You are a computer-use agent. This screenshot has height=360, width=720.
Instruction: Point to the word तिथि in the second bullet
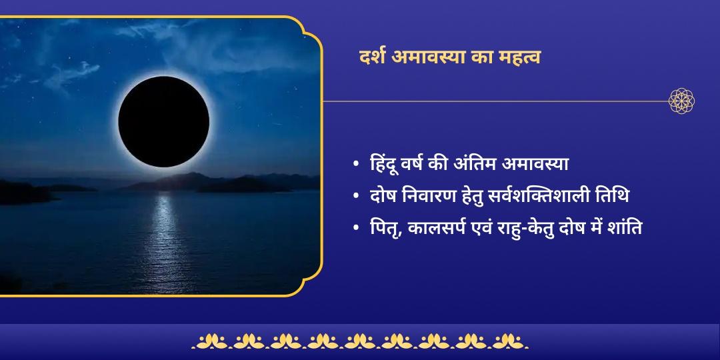click(x=614, y=197)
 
